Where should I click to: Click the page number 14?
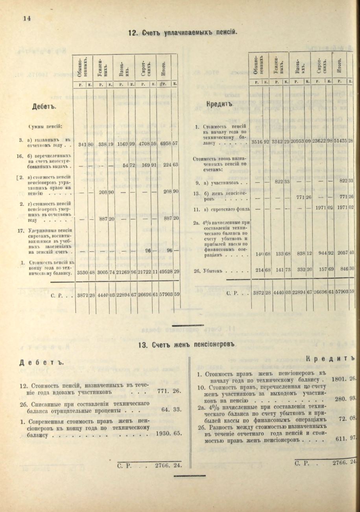[x=27, y=18]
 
